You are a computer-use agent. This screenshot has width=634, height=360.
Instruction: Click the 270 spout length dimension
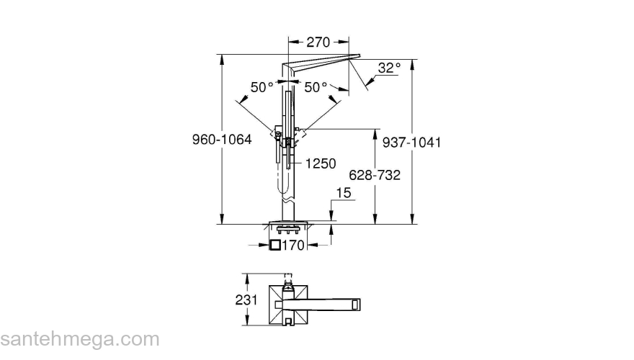[318, 42]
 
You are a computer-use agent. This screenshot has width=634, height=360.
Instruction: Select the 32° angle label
[389, 68]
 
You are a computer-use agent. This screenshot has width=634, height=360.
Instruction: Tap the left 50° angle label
[262, 87]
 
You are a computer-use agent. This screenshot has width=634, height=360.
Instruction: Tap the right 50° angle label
[316, 87]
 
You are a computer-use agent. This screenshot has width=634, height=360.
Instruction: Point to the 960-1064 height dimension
[222, 141]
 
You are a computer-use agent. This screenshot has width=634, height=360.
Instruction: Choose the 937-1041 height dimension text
[411, 143]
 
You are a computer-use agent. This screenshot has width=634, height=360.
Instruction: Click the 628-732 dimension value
[375, 175]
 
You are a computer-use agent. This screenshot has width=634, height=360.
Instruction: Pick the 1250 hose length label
[321, 163]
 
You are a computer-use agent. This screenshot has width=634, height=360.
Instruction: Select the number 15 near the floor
[344, 192]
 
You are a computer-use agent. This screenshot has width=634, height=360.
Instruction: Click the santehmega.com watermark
[79, 339]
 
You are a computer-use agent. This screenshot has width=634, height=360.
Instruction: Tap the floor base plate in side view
[290, 221]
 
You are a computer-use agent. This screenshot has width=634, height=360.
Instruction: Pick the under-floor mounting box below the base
[290, 230]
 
